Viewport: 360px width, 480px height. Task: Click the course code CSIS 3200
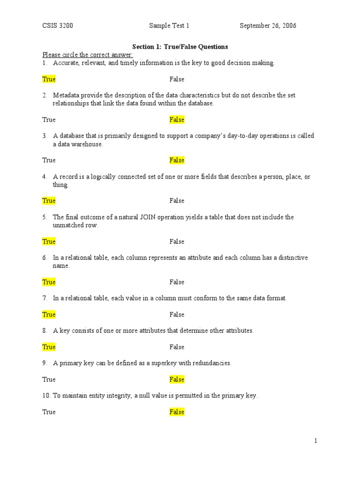click(58, 26)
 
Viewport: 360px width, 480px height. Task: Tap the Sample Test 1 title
click(169, 26)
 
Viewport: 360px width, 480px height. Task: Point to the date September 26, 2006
click(268, 26)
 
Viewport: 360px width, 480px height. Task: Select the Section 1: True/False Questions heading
click(180, 47)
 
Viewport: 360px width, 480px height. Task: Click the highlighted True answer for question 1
click(49, 79)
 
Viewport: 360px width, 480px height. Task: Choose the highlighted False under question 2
click(177, 120)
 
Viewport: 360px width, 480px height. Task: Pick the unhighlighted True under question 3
click(49, 160)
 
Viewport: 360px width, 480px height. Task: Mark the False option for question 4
click(177, 201)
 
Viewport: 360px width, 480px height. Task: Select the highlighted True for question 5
click(49, 241)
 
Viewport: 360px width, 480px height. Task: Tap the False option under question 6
click(177, 282)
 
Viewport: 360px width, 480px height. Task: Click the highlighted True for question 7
click(49, 315)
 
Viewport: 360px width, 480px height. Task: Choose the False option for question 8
click(177, 347)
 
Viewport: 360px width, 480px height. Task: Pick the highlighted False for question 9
click(177, 380)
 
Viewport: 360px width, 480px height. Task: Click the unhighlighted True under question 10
click(49, 412)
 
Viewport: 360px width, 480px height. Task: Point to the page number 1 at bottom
click(316, 441)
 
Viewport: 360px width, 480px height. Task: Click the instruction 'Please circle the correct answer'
click(88, 55)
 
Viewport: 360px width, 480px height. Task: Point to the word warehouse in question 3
click(88, 144)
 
